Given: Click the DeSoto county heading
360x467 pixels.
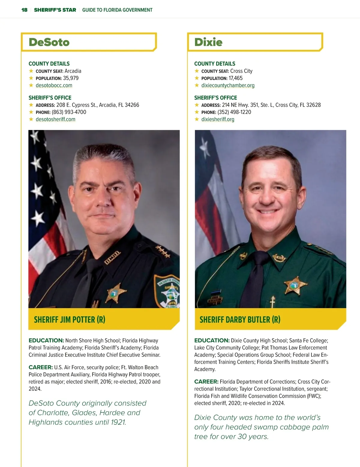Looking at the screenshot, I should point(49,42).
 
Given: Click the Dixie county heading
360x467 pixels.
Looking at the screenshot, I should point(208,42).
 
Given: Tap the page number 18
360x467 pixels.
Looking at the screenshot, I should point(24,10).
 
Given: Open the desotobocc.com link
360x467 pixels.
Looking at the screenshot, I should point(54,85).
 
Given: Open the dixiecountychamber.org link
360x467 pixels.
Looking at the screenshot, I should point(228,85).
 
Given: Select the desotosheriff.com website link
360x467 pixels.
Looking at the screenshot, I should point(55,119).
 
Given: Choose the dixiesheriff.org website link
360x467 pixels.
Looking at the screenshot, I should point(218,119).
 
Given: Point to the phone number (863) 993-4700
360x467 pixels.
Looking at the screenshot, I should point(69,112).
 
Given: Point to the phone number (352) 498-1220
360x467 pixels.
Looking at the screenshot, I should point(234,112).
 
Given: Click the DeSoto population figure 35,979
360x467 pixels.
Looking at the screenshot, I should point(71,78).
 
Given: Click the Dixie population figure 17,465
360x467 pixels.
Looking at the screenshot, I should point(235,78).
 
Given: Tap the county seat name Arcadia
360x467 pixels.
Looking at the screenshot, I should point(73,71).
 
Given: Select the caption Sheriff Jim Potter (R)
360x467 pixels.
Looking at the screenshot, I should point(70,320).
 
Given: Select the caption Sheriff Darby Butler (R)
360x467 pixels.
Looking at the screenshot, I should point(240,320).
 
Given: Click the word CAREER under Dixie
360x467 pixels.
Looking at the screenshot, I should point(206,382).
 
